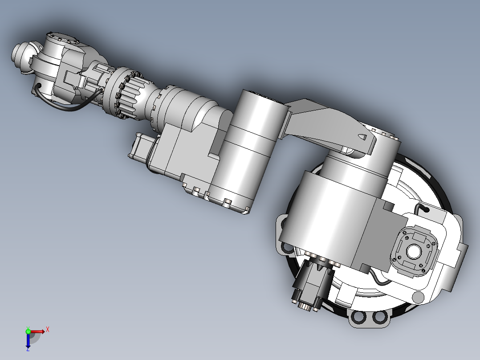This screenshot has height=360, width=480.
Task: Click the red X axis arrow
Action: pos(38,331)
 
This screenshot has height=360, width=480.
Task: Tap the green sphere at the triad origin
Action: pos(28,331)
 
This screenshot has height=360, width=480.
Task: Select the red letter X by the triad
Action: pos(47,329)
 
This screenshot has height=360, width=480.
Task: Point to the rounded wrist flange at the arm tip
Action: pos(20,54)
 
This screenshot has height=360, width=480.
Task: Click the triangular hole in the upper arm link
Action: pos(363,136)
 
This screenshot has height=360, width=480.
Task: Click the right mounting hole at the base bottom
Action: pos(379,318)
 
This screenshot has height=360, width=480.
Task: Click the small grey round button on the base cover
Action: pos(418,297)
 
